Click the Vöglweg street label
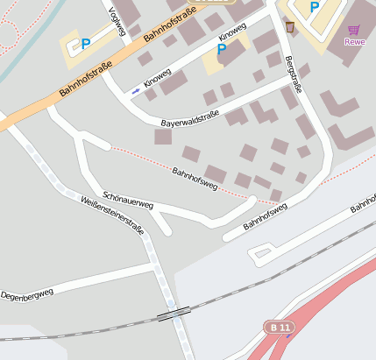117,22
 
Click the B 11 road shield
280,327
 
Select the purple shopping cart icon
354,29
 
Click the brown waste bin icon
289,27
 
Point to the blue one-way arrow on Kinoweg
136,90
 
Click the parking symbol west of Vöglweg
86,43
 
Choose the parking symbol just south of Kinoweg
222,50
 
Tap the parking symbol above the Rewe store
314,7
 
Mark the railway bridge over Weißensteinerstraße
174,313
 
